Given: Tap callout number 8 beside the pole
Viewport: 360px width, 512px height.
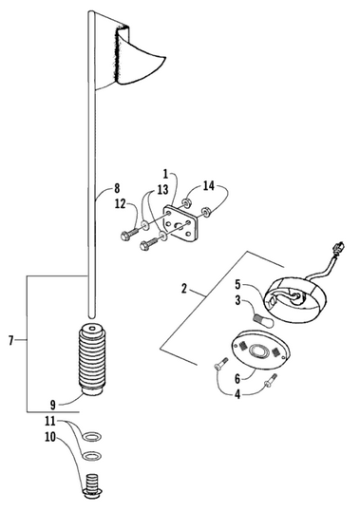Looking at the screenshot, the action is coord(116,188).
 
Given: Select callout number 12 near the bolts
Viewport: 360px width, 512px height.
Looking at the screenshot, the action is coord(120,203).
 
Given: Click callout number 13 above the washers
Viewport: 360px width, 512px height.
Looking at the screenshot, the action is coord(162,189).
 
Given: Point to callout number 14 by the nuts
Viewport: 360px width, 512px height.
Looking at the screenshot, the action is coord(209,186).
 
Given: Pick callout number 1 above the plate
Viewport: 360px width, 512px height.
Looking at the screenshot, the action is coord(165,174).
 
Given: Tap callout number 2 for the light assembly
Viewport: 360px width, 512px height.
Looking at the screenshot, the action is coord(184,289).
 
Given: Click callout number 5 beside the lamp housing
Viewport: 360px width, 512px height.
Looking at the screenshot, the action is coord(237,284).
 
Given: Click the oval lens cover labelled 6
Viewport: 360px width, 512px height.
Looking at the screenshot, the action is coord(260,350).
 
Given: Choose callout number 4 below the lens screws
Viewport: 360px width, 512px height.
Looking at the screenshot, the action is coord(237,394).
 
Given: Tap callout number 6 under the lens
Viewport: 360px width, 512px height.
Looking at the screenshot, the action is coord(237,379).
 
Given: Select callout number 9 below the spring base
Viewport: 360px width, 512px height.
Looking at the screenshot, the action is coord(53,405).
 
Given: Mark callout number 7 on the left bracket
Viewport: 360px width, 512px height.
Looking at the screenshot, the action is coord(11,341).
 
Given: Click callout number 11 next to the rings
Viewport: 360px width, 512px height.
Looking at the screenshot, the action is coord(50,421).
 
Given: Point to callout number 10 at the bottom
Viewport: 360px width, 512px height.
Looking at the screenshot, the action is coord(50,437).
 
